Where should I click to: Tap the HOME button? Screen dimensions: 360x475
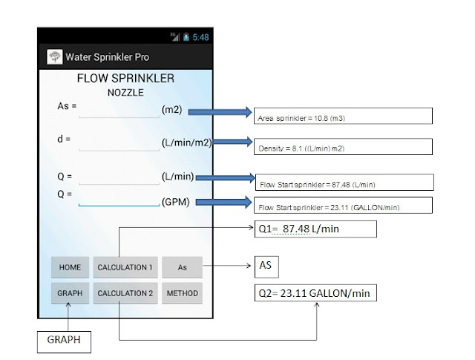point(70,267)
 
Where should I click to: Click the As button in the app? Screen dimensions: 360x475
point(182,267)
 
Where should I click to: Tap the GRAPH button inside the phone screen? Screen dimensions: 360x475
point(70,293)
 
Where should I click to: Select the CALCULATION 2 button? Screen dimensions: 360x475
point(125,293)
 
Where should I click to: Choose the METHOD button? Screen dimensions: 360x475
point(182,293)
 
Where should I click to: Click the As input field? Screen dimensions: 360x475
point(118,109)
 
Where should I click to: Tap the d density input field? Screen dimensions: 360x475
point(118,143)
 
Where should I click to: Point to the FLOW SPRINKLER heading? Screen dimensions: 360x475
point(125,79)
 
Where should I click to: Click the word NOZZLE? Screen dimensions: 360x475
point(125,93)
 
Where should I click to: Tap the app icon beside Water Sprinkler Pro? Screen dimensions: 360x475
point(55,56)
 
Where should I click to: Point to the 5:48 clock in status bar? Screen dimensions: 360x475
point(200,36)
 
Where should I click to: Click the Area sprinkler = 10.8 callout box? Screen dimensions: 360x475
point(343,116)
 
